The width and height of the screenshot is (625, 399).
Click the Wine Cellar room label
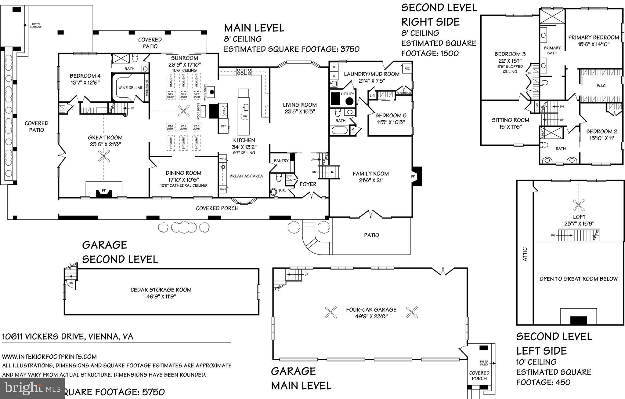130,88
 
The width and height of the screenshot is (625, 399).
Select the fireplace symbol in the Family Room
417,176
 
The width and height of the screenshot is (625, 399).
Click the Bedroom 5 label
391,115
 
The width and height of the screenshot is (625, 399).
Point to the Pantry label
281,161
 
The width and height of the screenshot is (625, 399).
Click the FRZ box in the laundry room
407,69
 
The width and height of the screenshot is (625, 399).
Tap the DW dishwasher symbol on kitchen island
245,116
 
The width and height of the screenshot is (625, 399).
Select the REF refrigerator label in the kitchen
223,126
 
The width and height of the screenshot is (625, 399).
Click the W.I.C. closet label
601,86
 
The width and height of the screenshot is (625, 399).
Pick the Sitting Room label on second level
510,120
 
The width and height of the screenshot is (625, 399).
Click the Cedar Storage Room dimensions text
161,296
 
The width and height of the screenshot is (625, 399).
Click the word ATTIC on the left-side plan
525,254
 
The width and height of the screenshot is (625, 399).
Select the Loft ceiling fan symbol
579,205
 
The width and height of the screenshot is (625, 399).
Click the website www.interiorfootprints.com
49,357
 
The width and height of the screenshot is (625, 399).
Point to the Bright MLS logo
32,388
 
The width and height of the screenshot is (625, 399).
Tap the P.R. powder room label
282,191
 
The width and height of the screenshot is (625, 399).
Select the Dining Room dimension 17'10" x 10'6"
183,179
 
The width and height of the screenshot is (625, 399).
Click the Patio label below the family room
371,235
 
